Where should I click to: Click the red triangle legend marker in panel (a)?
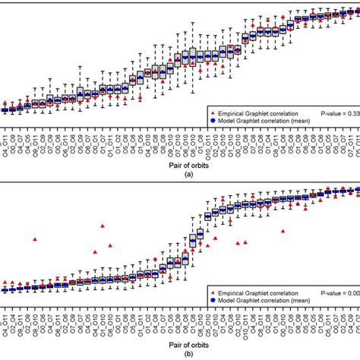(x=210, y=112)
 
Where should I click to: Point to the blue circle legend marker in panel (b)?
(x=210, y=300)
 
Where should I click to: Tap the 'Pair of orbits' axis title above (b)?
(x=179, y=343)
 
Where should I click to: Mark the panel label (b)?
(x=179, y=353)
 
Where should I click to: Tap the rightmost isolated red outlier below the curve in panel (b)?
(x=283, y=230)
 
